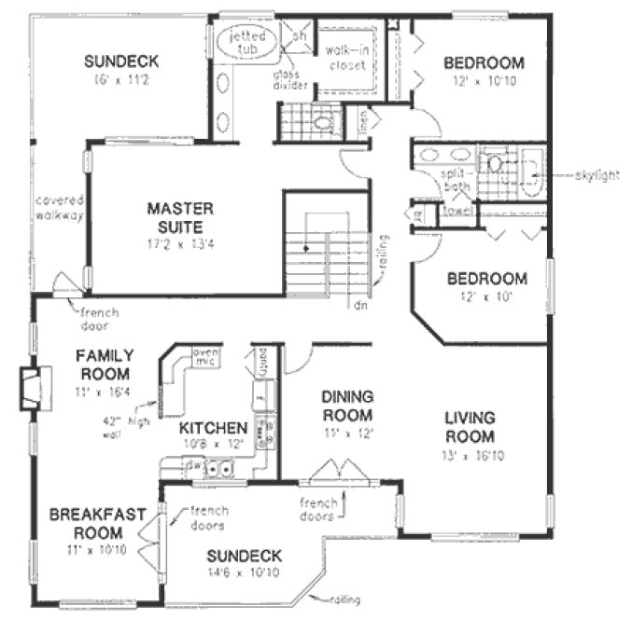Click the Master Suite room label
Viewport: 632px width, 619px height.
180,216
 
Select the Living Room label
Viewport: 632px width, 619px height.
470,428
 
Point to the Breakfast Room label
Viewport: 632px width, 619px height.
87,523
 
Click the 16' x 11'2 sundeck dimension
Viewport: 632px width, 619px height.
120,81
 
